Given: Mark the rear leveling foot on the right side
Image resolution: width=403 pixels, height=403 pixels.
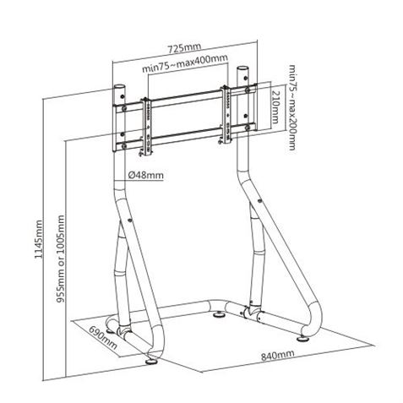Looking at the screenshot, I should [248, 309].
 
